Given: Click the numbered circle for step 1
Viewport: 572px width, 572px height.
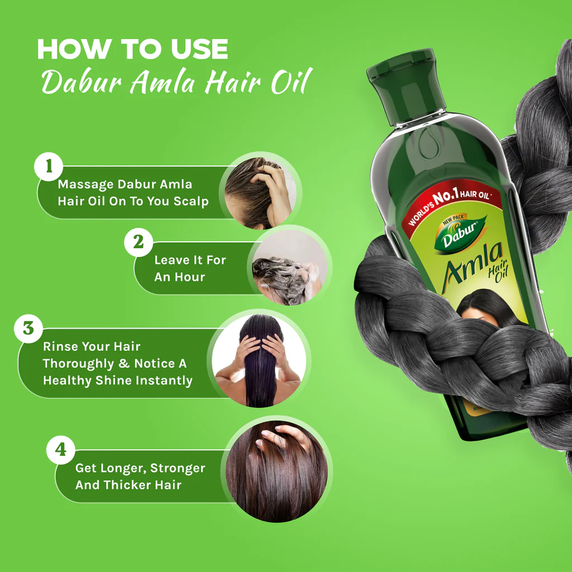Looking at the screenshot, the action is pos(49,166).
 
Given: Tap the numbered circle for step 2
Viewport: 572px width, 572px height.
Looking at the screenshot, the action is pos(139,242).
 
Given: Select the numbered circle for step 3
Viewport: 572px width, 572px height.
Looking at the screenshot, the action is pos(28,328).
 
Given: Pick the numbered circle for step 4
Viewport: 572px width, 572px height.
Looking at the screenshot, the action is pos(60,450).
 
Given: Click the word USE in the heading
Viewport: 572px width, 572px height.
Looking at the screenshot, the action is pos(199,49).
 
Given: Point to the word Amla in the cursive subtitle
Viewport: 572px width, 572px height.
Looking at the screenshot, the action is pos(163,82).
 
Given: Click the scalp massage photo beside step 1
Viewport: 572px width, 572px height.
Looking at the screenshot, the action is pos(260,193).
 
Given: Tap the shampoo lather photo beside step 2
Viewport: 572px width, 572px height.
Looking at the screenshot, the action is pos(289,268).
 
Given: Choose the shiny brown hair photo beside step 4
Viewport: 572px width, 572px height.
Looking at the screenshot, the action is pos(277,471).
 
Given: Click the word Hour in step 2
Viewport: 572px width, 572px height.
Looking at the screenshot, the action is pos(189,277).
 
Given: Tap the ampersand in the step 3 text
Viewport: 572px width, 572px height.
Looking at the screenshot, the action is pos(124,363).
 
